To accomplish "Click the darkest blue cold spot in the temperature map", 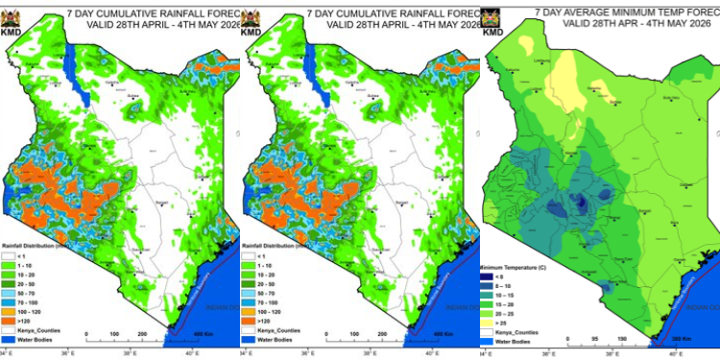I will pos(582,204).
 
